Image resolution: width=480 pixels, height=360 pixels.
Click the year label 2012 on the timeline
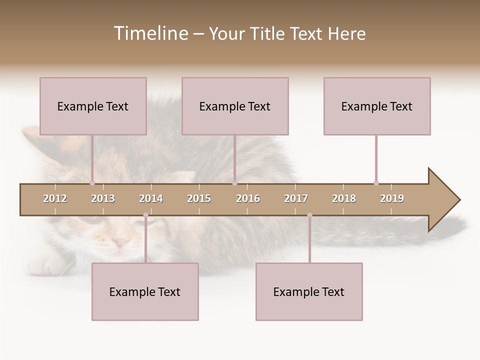coord(55,198)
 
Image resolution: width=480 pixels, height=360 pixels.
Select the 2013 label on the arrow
coord(103,198)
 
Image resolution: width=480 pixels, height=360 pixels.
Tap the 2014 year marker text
coord(151,198)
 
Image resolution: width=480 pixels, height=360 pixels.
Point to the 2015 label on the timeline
coord(199,198)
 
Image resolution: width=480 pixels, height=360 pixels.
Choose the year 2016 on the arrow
coord(248,198)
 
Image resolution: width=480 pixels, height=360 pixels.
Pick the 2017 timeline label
coord(296,198)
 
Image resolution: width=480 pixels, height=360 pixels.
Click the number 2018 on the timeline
coord(344,198)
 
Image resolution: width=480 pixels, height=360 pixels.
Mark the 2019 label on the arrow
coord(392,198)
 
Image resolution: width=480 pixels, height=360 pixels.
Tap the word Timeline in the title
coord(150,33)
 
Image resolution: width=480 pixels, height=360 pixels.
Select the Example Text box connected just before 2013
coord(93,106)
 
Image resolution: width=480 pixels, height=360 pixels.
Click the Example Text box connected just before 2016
coord(235,106)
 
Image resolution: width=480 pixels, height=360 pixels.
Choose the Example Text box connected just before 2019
coord(377,106)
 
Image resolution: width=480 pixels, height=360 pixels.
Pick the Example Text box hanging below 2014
coord(145,291)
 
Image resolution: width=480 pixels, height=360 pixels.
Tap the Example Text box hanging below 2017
coord(309,291)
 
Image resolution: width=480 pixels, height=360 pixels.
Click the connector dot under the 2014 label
coord(145,215)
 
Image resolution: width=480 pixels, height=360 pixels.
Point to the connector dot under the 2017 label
coord(309,215)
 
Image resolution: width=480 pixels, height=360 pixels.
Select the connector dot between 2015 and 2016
coord(234,183)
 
